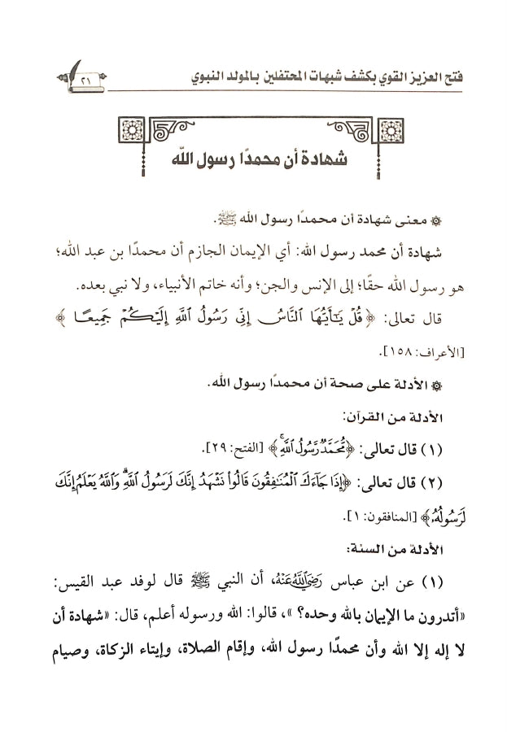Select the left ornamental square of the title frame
click(x=129, y=129)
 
